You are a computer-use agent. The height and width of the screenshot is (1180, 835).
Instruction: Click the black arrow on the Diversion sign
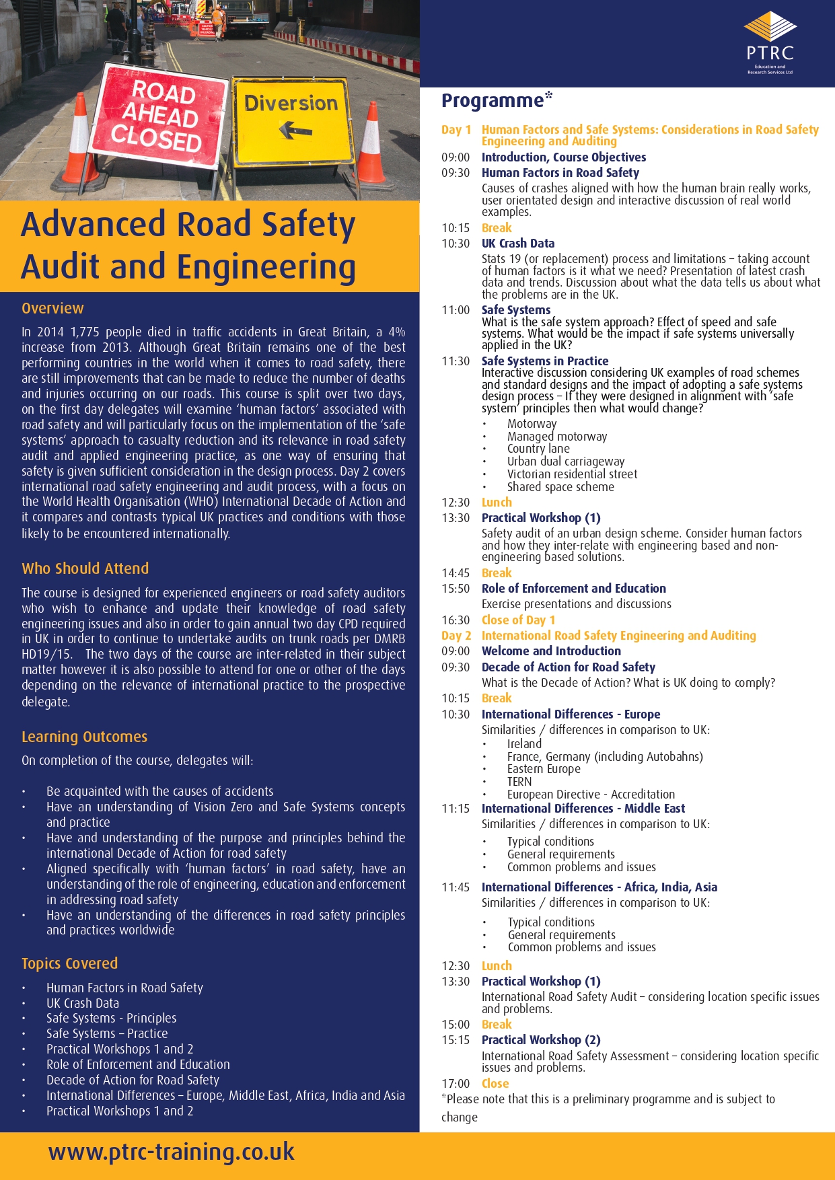tap(295, 129)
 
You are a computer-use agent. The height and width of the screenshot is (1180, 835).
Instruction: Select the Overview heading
tap(52, 308)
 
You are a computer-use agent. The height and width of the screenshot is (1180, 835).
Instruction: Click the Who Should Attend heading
tap(85, 568)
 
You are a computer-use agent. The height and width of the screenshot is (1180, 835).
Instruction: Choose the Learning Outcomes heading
tap(84, 737)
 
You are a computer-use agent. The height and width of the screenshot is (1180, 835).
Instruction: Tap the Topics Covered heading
tap(69, 963)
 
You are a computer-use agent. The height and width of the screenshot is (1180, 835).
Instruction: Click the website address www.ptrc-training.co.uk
tap(172, 1152)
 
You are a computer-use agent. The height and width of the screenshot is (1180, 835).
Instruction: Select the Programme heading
tap(493, 101)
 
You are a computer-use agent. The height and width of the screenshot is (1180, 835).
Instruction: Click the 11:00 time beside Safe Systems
tap(456, 310)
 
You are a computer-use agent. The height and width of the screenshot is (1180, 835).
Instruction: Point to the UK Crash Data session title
tap(518, 244)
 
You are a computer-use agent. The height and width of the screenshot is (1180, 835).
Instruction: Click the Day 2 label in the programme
tap(456, 636)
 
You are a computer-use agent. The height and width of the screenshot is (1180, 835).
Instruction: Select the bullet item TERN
tap(519, 782)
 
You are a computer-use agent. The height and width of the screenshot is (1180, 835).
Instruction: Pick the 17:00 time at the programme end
tap(456, 1084)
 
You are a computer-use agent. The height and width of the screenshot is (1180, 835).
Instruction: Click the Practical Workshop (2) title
tap(541, 1040)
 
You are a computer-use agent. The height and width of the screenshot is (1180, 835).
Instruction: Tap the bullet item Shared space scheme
tap(560, 487)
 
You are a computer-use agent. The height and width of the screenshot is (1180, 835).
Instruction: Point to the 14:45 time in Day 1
tap(456, 573)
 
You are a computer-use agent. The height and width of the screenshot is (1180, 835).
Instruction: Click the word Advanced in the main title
tap(94, 225)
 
